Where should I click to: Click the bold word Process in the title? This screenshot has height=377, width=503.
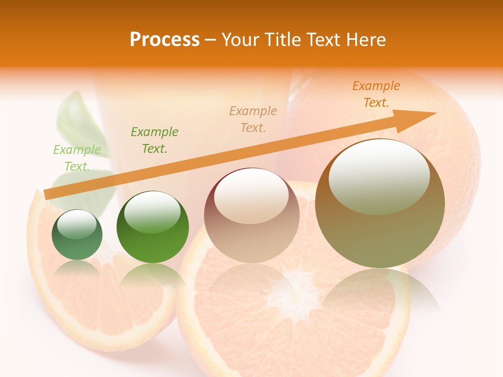[x=165, y=40]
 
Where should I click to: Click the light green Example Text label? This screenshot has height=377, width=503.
[x=77, y=158]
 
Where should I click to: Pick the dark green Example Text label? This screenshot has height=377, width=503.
[x=155, y=140]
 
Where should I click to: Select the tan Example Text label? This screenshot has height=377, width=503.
[x=253, y=119]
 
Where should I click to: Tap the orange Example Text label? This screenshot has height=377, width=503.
[x=376, y=94]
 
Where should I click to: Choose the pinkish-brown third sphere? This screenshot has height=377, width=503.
[x=251, y=230]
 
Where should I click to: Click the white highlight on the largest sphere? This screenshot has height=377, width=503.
[x=379, y=175]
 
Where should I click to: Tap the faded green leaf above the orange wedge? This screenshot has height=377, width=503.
[x=79, y=120]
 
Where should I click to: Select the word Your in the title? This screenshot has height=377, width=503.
[x=238, y=40]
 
